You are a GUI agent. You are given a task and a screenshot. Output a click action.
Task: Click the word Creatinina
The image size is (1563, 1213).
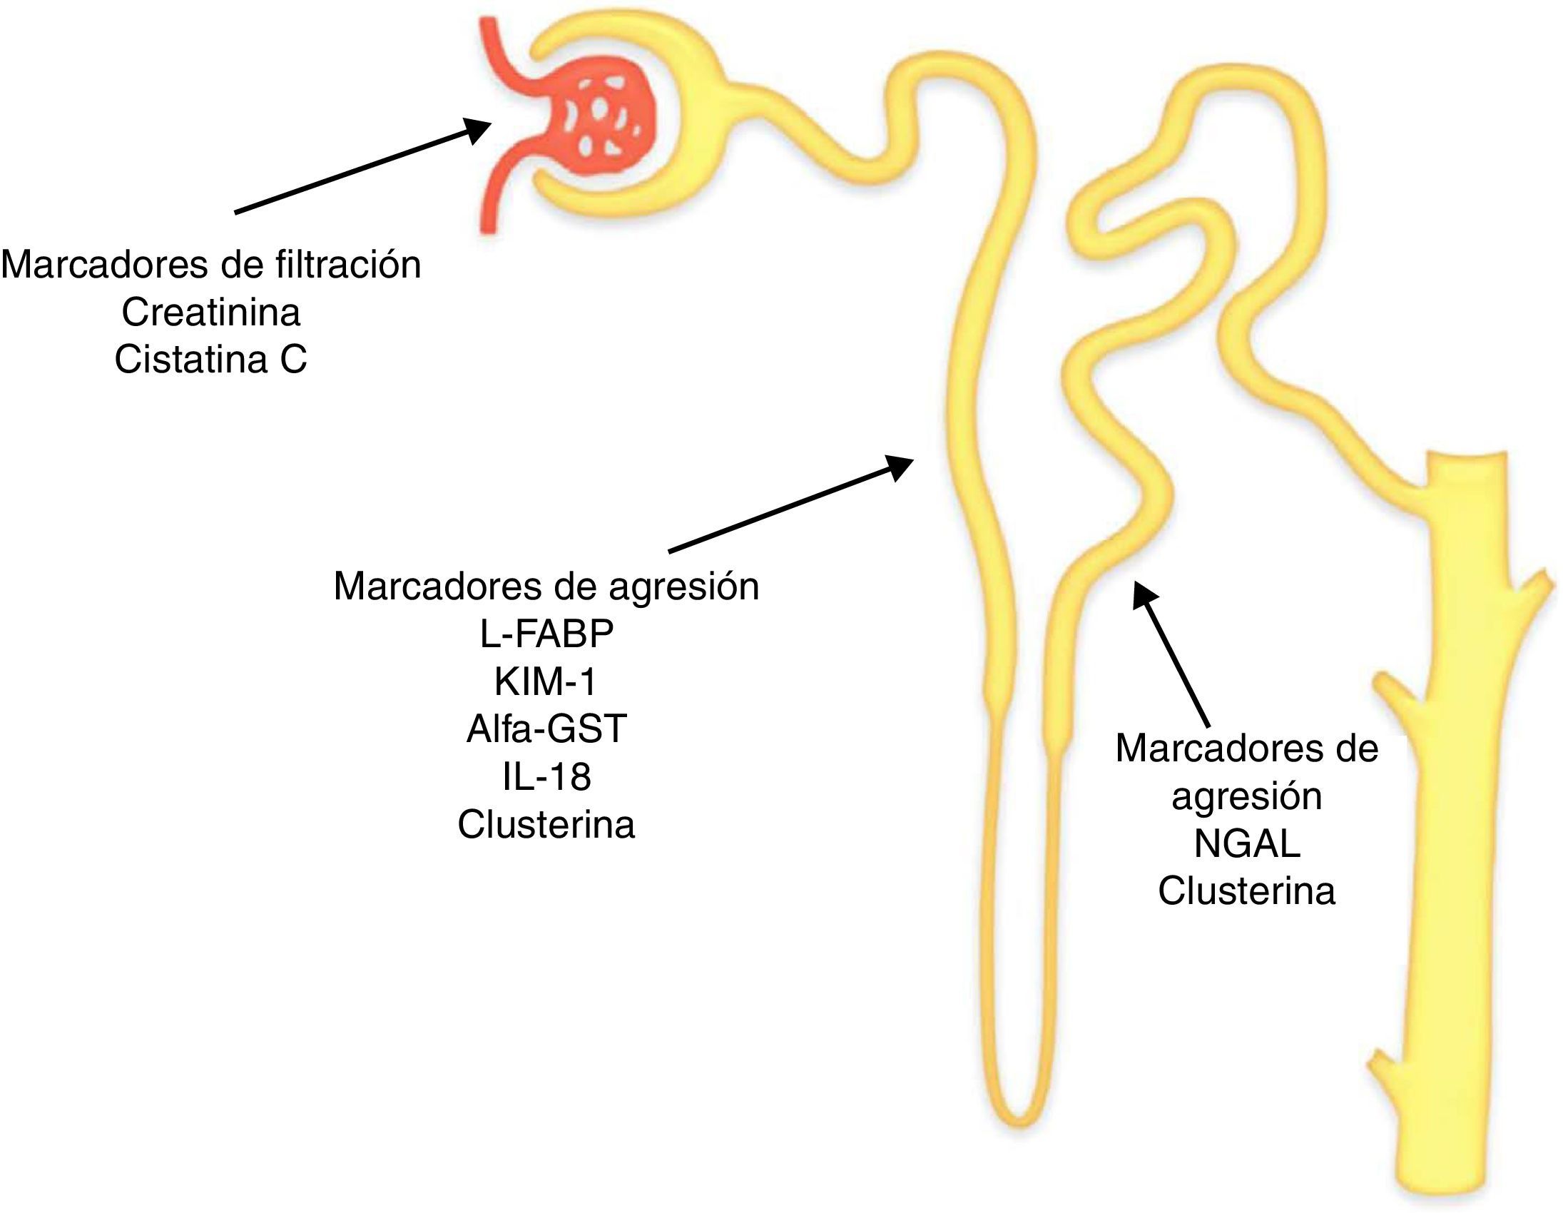(x=210, y=313)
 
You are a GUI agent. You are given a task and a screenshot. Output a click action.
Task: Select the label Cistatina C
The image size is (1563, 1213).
(x=210, y=360)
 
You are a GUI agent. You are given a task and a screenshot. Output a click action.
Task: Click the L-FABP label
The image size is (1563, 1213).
(x=546, y=634)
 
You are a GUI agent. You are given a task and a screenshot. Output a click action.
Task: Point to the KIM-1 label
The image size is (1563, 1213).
(x=545, y=682)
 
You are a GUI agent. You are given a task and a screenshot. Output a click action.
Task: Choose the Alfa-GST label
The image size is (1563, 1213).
(x=546, y=729)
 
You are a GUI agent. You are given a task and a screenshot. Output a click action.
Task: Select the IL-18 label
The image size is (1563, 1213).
(x=546, y=777)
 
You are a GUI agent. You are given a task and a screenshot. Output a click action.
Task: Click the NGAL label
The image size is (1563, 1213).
(x=1246, y=844)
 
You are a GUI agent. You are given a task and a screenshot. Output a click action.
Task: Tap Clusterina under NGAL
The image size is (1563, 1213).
(x=1246, y=892)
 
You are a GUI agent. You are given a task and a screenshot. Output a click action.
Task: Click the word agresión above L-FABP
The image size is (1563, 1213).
(x=683, y=587)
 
